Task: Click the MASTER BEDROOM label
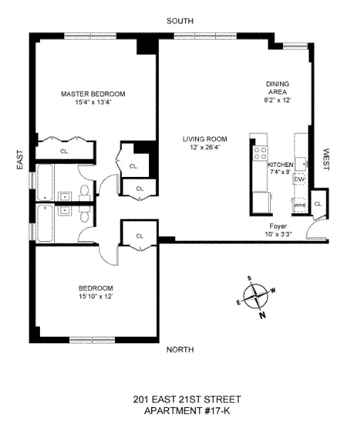[93, 93]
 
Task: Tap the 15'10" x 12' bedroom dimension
[95, 295]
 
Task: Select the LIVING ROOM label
[204, 138]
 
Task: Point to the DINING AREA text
[278, 87]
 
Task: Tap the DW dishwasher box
[299, 179]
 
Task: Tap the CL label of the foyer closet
[318, 203]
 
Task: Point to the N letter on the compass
[262, 315]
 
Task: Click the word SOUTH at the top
[180, 21]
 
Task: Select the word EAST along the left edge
[19, 159]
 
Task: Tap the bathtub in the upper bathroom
[45, 183]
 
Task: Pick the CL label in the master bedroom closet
[64, 151]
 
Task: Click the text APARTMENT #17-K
[180, 412]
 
